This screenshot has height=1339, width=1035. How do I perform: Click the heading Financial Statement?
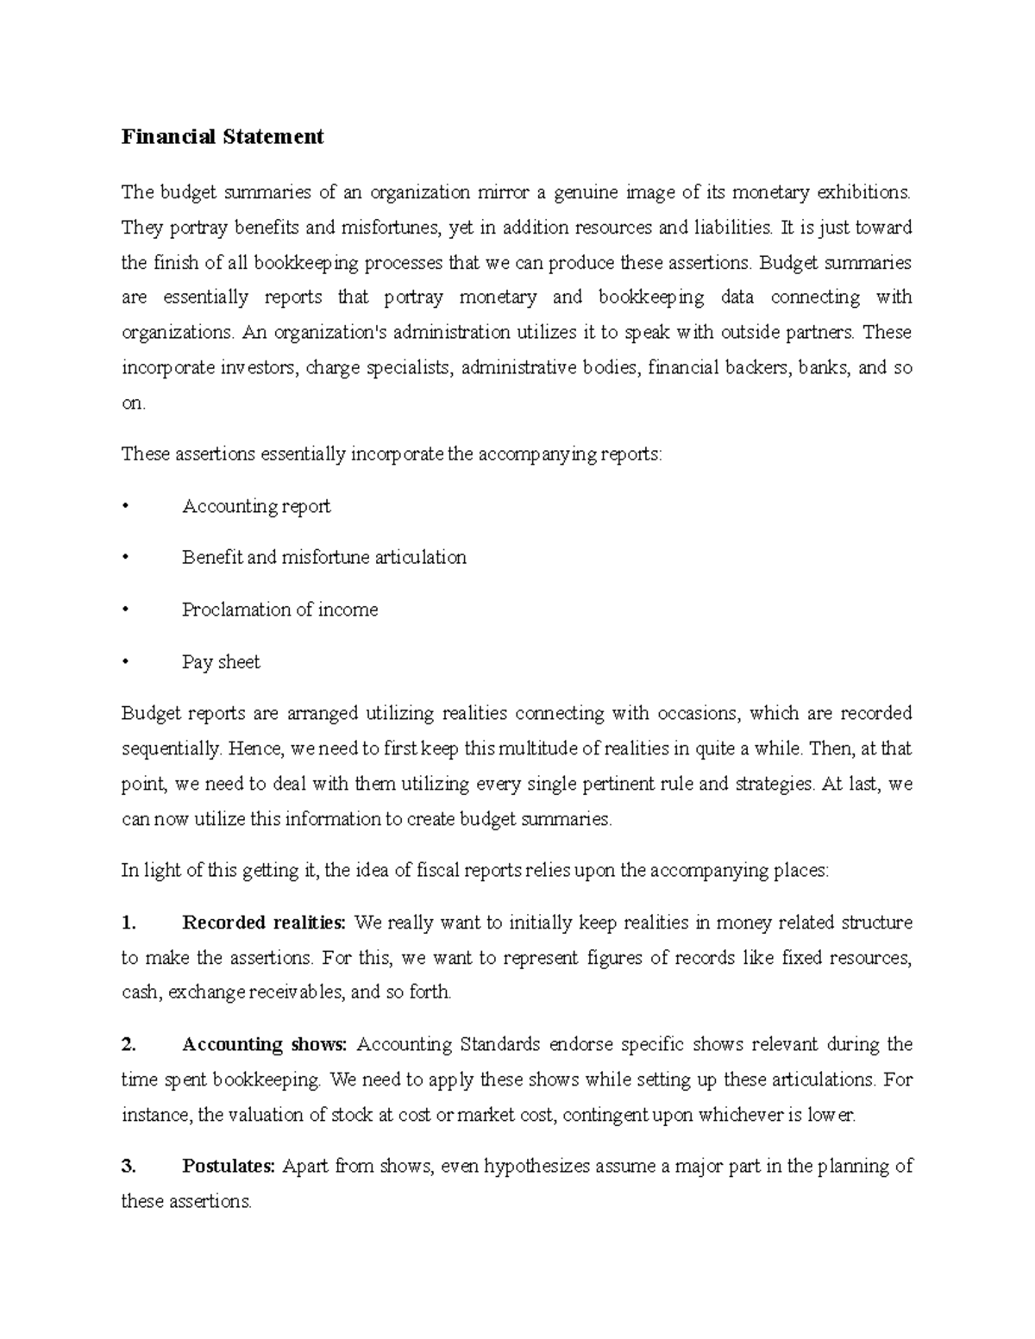click(x=223, y=136)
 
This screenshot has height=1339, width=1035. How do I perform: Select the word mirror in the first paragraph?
click(x=503, y=191)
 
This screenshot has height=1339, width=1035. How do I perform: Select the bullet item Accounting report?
click(x=256, y=506)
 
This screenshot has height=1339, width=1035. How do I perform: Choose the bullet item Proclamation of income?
click(x=279, y=610)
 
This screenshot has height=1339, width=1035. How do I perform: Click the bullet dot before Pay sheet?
click(x=126, y=662)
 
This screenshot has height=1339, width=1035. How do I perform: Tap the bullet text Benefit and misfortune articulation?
click(x=323, y=558)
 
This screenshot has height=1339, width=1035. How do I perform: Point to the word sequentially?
click(x=171, y=749)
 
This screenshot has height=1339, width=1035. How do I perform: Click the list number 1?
click(x=129, y=923)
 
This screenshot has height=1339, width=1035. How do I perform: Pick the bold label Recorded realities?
click(x=263, y=923)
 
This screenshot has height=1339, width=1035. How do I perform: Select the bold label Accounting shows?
click(x=264, y=1045)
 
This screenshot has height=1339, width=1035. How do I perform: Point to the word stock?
click(x=352, y=1115)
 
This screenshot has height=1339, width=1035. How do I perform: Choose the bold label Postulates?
click(x=228, y=1167)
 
